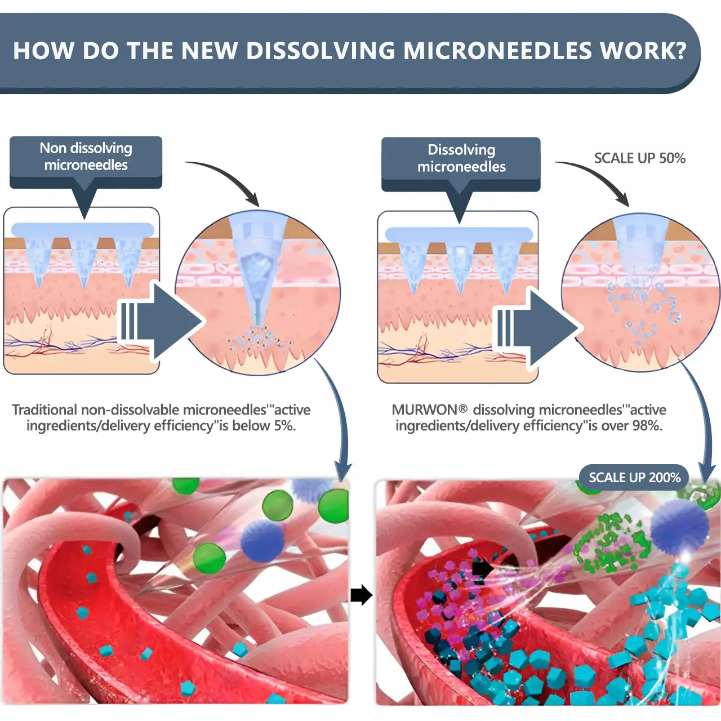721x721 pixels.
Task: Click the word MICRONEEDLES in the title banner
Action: coord(497,51)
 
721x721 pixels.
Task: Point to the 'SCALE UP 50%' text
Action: coord(639,158)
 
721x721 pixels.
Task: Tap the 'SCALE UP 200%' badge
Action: coord(634,478)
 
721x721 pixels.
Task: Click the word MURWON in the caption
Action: coord(424,410)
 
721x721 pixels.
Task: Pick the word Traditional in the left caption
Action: coord(44,410)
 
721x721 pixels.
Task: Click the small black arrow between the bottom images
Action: coord(361,595)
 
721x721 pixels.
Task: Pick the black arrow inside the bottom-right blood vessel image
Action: coord(482,568)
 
